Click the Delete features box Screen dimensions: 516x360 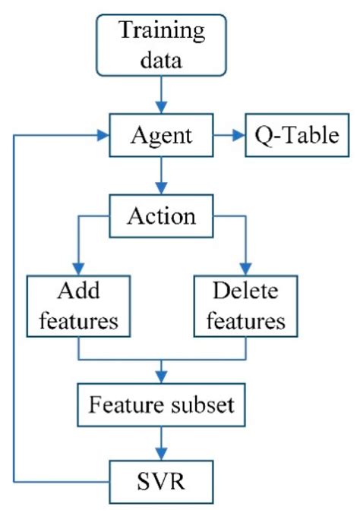point(245,305)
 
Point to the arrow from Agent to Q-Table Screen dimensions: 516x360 point(229,137)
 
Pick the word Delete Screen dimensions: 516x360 point(245,291)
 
